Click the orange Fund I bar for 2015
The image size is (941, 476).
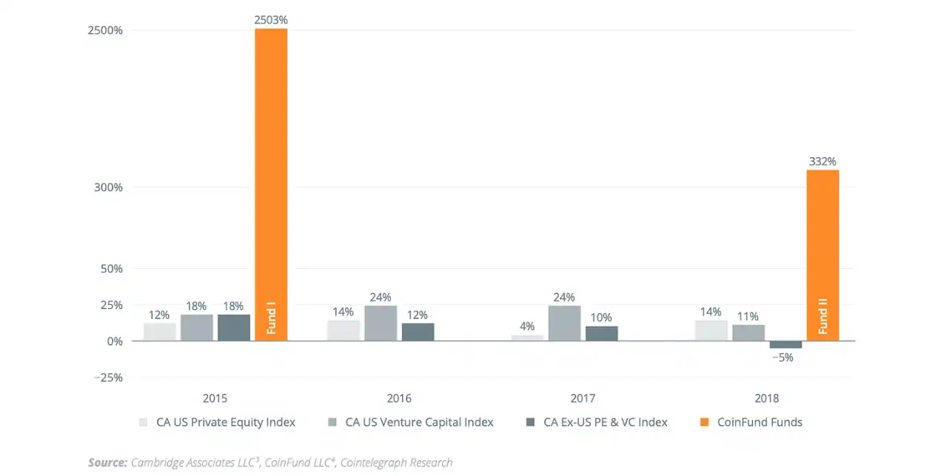click(x=271, y=185)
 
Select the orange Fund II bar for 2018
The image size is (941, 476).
click(x=823, y=255)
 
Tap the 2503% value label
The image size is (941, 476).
click(x=271, y=21)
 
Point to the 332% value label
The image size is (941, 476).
click(x=823, y=161)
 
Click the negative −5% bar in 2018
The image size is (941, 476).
click(x=786, y=345)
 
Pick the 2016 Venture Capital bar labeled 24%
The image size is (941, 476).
click(x=381, y=324)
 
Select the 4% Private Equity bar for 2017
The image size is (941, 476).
click(x=527, y=338)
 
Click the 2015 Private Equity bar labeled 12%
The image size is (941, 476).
click(x=160, y=332)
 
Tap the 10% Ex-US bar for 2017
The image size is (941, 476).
click(x=601, y=333)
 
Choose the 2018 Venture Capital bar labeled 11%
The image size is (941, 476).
click(x=749, y=332)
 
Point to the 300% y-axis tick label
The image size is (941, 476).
click(x=109, y=187)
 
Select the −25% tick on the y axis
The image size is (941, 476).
click(x=107, y=378)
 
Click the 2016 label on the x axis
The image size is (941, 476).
click(x=399, y=398)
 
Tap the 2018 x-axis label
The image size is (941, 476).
click(x=767, y=398)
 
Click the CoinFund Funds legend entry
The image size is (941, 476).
click(x=760, y=422)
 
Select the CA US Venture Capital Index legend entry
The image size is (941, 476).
click(x=419, y=422)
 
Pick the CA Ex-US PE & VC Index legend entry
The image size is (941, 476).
click(x=605, y=422)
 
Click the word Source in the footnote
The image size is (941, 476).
click(x=107, y=463)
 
